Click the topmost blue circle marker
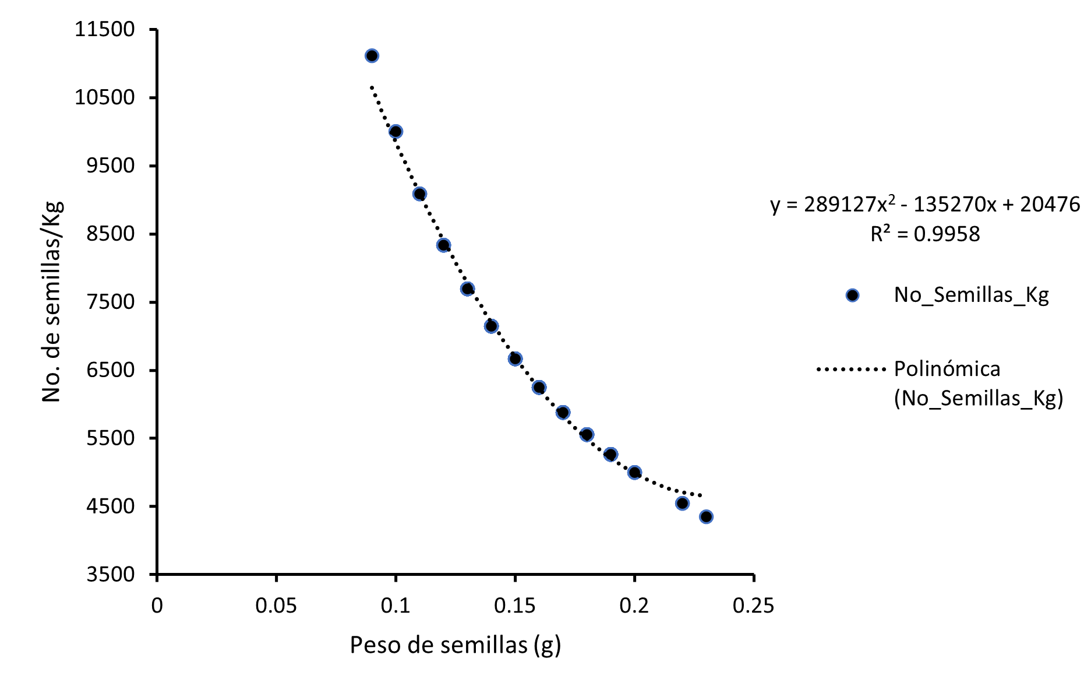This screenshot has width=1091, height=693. [x=372, y=56]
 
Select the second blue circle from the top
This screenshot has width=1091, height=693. [x=396, y=132]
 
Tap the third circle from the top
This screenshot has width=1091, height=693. [x=419, y=194]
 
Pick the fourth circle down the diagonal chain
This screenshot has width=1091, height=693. [x=443, y=245]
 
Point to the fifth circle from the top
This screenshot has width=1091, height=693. [x=467, y=289]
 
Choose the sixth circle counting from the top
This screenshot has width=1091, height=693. [x=491, y=326]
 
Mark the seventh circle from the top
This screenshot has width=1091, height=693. [x=515, y=359]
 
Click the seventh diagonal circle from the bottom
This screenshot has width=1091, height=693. [x=539, y=388]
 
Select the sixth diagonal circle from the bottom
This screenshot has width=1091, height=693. [x=563, y=413]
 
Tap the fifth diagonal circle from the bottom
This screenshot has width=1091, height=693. [x=587, y=435]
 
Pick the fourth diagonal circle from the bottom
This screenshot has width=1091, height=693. [x=610, y=455]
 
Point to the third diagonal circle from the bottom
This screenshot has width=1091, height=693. [x=634, y=473]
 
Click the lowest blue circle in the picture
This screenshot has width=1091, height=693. [x=706, y=517]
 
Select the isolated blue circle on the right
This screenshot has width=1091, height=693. [x=852, y=296]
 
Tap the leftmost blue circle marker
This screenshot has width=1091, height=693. [x=372, y=56]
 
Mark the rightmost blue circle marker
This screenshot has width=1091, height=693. [x=852, y=296]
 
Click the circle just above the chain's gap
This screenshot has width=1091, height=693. [x=634, y=473]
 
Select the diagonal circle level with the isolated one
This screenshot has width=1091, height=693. [x=467, y=289]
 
